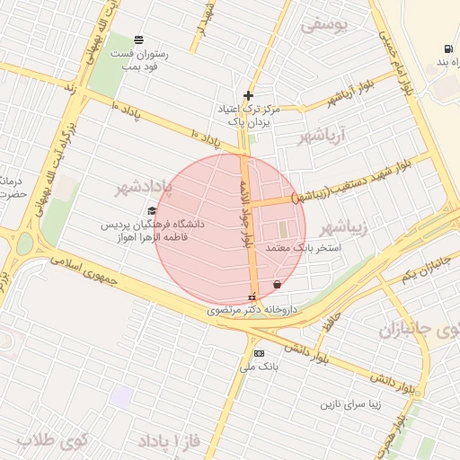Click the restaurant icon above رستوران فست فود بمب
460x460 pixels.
click(138, 40)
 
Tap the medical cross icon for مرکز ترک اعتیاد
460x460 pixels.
click(249, 95)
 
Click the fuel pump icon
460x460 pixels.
click(447, 49)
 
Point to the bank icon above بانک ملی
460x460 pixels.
click(259, 353)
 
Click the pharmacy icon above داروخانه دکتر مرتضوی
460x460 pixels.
click(252, 296)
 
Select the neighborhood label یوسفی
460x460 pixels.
click(322, 25)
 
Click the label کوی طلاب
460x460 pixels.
click(51, 442)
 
